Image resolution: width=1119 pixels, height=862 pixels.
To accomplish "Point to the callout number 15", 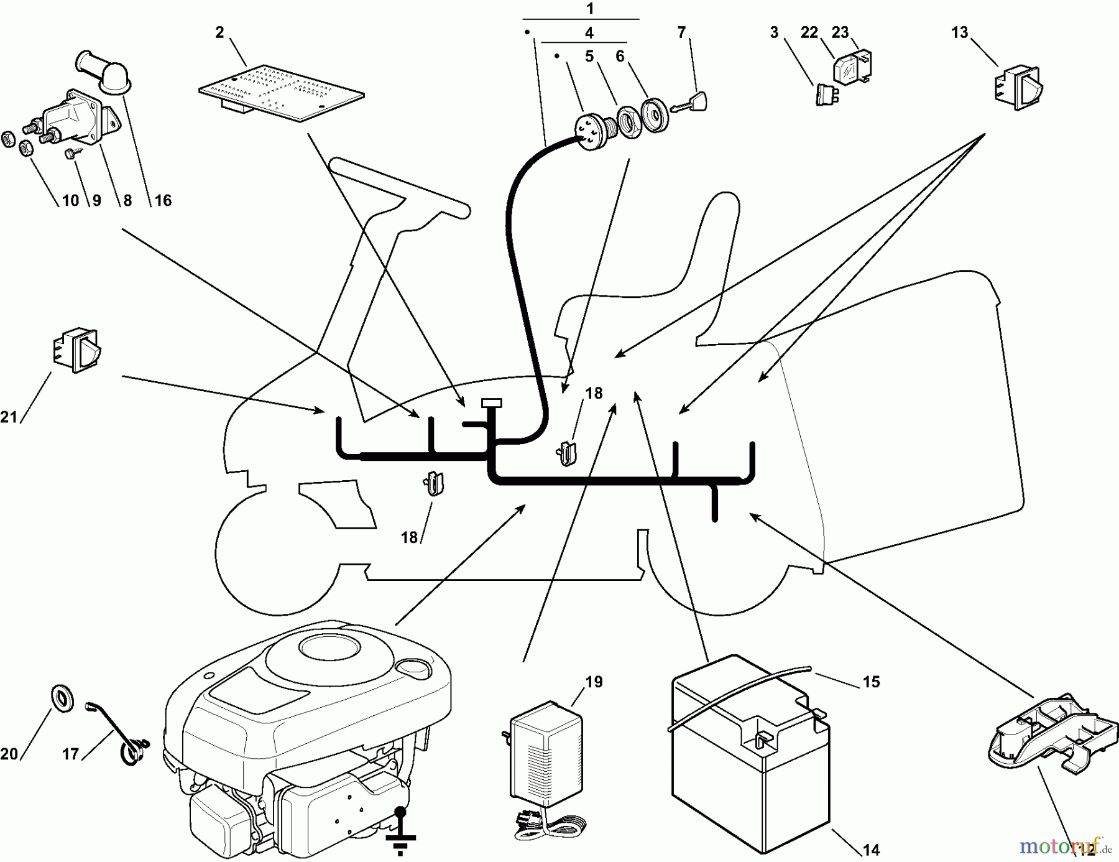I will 872,682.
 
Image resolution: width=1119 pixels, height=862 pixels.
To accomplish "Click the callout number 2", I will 219,33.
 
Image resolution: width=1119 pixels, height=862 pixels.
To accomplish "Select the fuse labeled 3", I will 826,95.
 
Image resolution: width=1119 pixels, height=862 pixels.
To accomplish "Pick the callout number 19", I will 594,682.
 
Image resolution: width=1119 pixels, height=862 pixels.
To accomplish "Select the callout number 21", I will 9,417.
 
